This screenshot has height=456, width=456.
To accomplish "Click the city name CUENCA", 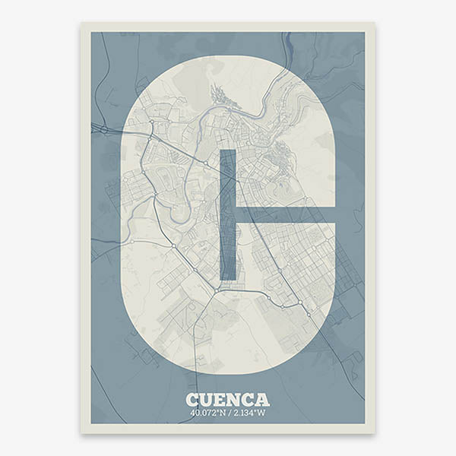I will click(227, 400).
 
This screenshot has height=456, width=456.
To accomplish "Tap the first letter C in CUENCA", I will click(193, 400).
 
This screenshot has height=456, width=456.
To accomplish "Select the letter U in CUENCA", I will click(207, 400).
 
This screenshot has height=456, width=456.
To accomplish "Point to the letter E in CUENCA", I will click(221, 400).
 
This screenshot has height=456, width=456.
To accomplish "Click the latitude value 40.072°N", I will click(210, 413).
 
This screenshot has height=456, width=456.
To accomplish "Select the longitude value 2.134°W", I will click(248, 413).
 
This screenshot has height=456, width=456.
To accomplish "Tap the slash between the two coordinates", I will click(230, 413).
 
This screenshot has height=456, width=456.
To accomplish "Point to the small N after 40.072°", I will click(223, 413).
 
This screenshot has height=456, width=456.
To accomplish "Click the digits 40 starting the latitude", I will click(195, 413).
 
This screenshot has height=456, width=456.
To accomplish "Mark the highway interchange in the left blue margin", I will click(103, 131).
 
